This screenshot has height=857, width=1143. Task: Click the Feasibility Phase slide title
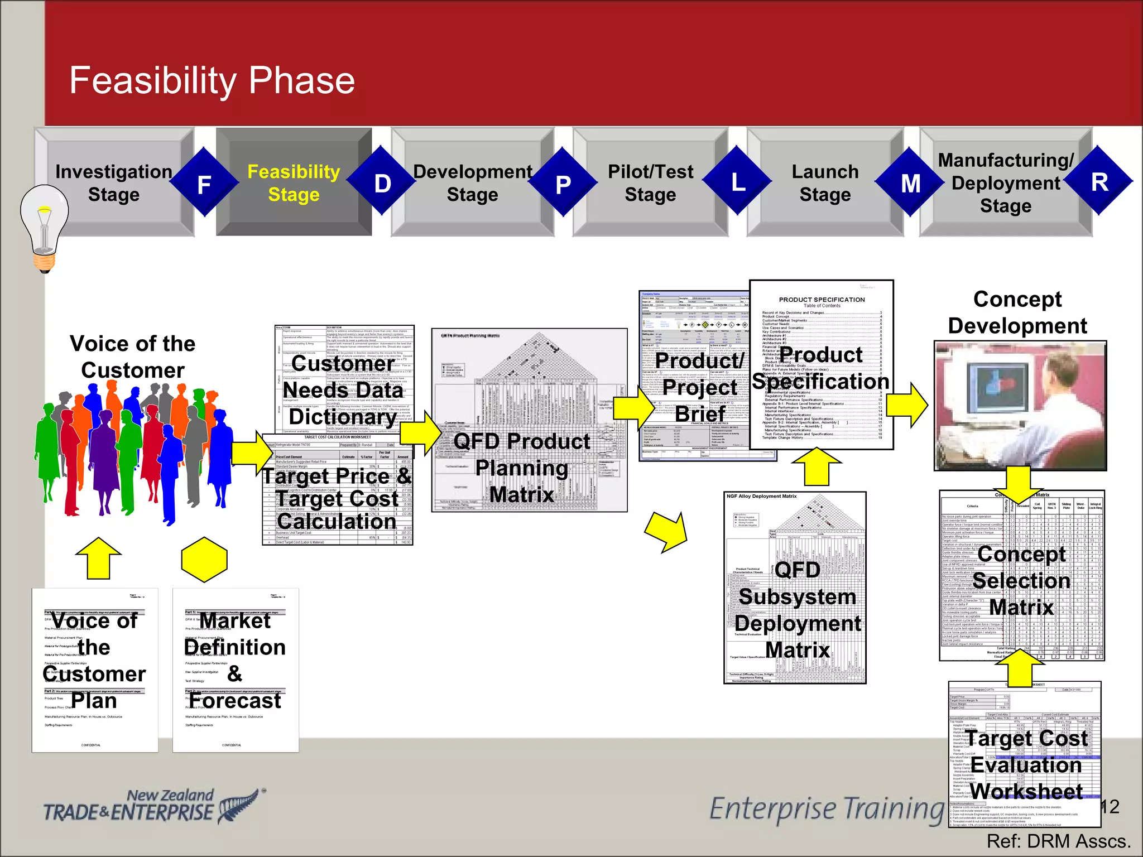tap(212, 81)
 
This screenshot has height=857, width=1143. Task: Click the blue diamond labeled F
tap(204, 183)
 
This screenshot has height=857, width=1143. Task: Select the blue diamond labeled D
tap(382, 183)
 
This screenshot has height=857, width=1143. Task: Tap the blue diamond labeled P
tap(563, 183)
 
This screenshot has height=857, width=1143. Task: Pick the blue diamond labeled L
tap(738, 182)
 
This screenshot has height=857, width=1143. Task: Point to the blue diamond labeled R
tap(1099, 182)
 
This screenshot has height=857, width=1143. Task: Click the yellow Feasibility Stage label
tap(294, 183)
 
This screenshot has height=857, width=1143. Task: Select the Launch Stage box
tap(825, 183)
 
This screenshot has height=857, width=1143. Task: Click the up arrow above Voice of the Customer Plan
tap(98, 558)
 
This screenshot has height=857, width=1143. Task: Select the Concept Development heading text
tap(1017, 312)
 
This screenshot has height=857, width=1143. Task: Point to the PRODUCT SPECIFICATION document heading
tap(822, 300)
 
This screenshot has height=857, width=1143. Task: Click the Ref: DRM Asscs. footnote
tap(1058, 841)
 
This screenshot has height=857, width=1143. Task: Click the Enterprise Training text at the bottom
tap(826, 809)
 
